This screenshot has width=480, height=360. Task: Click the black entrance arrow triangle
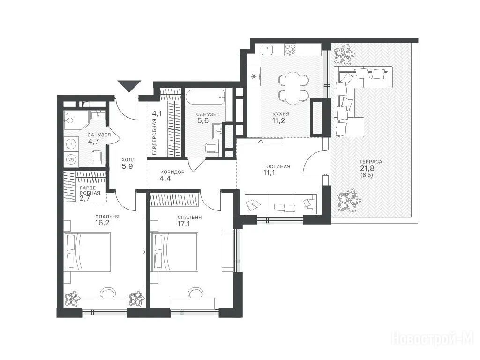coord(129,85)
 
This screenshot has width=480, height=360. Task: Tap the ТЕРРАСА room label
coord(371,162)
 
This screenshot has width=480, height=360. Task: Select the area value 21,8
coord(367,168)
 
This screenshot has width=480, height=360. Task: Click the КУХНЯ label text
coord(281,114)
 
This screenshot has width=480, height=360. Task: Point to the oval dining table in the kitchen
coord(292,88)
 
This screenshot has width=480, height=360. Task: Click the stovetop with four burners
coord(290,49)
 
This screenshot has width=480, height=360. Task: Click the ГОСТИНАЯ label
coord(277,166)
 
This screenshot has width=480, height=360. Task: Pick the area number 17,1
coord(184,224)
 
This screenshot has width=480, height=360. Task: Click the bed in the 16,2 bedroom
coord(87,252)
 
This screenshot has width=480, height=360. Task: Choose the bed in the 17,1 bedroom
coord(175,252)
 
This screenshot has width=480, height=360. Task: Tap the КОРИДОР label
coord(172,172)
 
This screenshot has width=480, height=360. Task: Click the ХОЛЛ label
coord(128,160)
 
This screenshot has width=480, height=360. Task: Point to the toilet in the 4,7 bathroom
coord(97,157)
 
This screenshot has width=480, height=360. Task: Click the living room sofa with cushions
coord(281,204)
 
